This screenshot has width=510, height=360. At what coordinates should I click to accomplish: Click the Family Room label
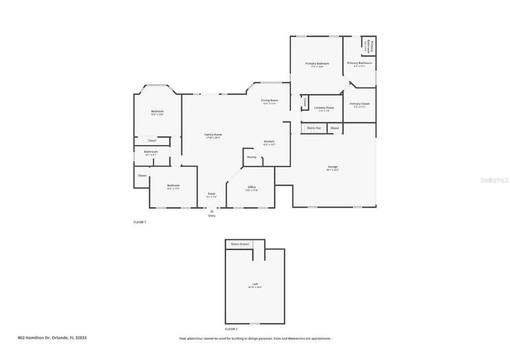pos(213,134)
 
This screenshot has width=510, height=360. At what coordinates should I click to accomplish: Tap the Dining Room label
pos(269,100)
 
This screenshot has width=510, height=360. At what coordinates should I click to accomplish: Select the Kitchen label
pos(269,142)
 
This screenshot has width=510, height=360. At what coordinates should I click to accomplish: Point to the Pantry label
pos(252,157)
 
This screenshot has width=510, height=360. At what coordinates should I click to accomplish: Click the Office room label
pos(252,187)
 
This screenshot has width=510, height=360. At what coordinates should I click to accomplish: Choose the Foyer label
pos(211,194)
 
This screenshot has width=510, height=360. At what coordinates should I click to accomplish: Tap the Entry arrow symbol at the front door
pos(211,211)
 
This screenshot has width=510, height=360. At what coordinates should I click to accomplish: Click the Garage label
pos(332,166)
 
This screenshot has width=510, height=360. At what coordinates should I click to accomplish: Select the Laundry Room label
pos(324,108)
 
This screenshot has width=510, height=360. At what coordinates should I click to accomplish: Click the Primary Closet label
pos(359,103)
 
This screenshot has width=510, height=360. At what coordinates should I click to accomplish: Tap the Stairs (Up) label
pos(314,128)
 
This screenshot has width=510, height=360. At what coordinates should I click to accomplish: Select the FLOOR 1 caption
pos(139,221)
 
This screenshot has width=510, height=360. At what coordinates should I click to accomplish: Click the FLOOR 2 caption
pos(231,329)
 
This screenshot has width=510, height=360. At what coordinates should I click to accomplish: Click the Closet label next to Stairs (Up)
pos(334,128)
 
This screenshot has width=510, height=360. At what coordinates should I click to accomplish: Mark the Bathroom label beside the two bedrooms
pos(151,151)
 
